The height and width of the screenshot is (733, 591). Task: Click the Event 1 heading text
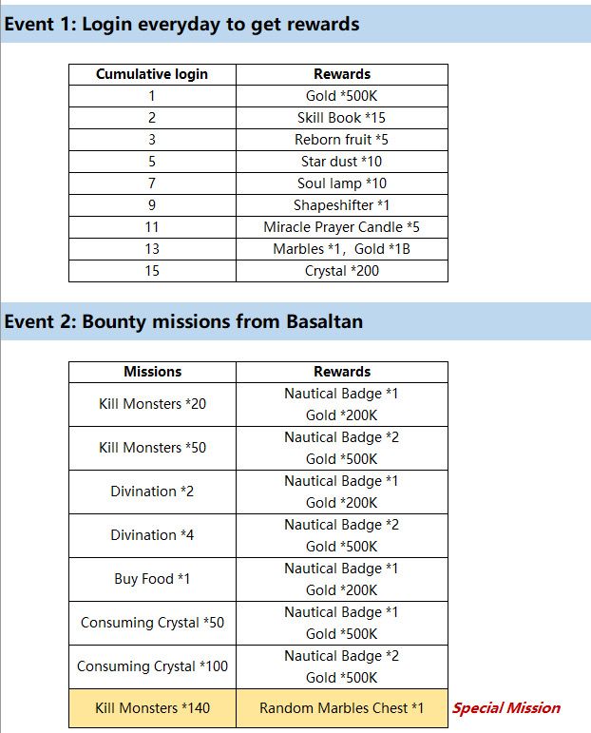[x=181, y=24]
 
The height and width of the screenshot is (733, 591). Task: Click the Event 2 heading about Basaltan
[x=182, y=321]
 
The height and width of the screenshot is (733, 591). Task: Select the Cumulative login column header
[x=152, y=74]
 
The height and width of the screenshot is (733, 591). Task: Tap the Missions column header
[x=152, y=372]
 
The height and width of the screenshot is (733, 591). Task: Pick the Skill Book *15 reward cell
[x=341, y=118]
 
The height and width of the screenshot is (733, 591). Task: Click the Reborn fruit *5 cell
[x=341, y=140]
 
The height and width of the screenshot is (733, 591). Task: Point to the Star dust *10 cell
[x=341, y=162]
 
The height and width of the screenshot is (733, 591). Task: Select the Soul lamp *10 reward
[x=341, y=183]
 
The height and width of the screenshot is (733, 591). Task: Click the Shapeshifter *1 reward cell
[x=341, y=205]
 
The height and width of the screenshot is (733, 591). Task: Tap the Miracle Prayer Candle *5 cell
[x=341, y=227]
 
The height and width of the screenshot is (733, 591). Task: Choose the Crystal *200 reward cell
[x=341, y=271]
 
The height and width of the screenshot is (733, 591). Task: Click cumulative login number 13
[x=152, y=249]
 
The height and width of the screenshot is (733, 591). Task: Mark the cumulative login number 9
[x=152, y=205]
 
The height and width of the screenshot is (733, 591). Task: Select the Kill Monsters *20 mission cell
[x=152, y=404]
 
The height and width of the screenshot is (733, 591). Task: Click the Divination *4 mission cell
[x=152, y=535]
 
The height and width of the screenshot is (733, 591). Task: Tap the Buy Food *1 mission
[x=152, y=579]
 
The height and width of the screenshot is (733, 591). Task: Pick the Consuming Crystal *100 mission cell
[x=152, y=666]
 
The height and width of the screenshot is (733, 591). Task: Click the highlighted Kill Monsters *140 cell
[x=152, y=708]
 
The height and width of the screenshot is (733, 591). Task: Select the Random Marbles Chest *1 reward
[x=341, y=708]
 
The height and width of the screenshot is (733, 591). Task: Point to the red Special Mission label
[x=505, y=708]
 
